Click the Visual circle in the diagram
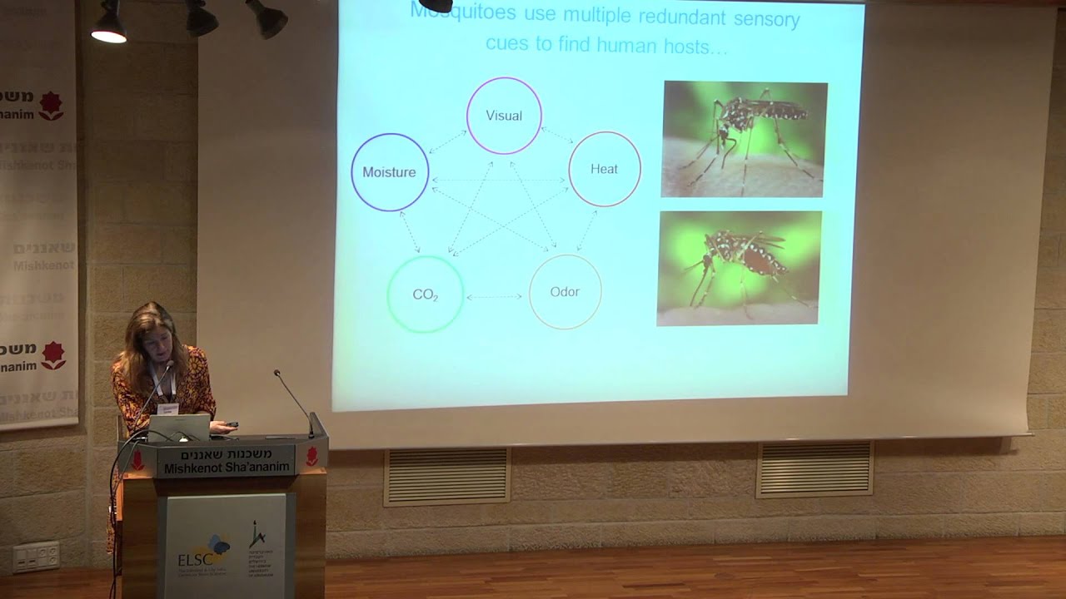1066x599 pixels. pyautogui.click(x=504, y=116)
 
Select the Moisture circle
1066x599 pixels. pyautogui.click(x=389, y=172)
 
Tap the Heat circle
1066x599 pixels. pyautogui.click(x=605, y=169)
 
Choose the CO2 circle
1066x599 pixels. pyautogui.click(x=426, y=295)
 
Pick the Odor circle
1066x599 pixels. pyautogui.click(x=565, y=291)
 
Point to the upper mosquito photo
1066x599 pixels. pyautogui.click(x=744, y=139)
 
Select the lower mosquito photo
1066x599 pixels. pyautogui.click(x=739, y=268)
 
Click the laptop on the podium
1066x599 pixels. pyautogui.click(x=179, y=427)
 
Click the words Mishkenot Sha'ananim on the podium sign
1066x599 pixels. pyautogui.click(x=227, y=468)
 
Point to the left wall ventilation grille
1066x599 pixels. pyautogui.click(x=447, y=476)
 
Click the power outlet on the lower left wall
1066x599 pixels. pyautogui.click(x=36, y=557)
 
